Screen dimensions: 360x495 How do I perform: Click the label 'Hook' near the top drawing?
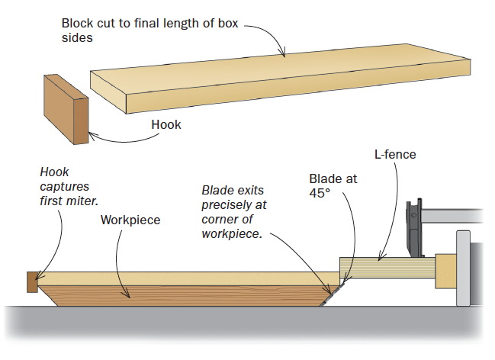coord(166,124)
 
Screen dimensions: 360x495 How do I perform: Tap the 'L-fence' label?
coord(394,155)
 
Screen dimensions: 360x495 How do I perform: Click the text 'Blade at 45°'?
coord(333,186)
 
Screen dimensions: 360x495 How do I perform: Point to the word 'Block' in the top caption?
coord(78,23)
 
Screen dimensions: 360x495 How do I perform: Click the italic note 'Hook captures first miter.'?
coord(70,187)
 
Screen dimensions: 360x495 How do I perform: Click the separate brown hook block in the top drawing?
coord(66,108)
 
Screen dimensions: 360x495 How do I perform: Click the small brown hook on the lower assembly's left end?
coord(32,282)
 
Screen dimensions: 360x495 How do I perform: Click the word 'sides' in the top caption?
coord(77,37)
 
